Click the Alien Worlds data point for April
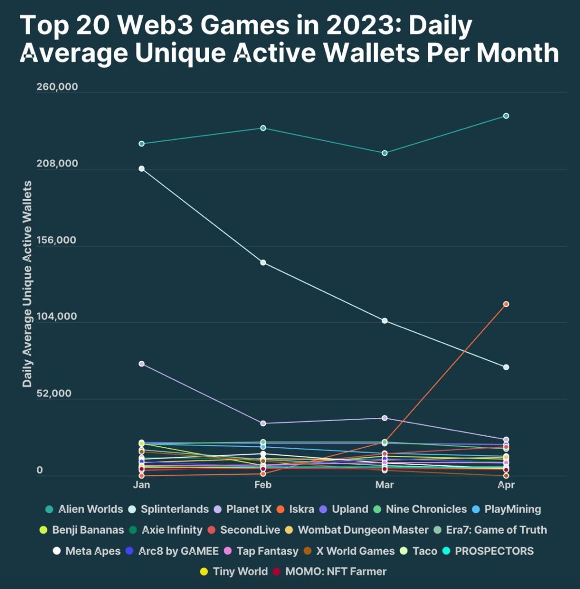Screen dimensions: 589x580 (x=506, y=116)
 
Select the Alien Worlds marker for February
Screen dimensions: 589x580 (x=263, y=128)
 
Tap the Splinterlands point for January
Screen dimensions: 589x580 (x=142, y=169)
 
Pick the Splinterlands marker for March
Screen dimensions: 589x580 (x=385, y=321)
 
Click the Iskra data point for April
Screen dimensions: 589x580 (x=506, y=304)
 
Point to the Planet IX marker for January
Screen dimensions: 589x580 (x=142, y=364)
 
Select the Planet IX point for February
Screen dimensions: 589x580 (x=263, y=424)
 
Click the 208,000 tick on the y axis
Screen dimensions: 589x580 (x=57, y=163)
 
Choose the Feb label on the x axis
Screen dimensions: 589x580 (x=263, y=485)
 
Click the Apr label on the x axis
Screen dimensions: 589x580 (x=506, y=485)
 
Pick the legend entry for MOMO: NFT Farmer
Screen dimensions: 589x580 (x=335, y=572)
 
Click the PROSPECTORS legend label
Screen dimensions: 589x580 (x=494, y=551)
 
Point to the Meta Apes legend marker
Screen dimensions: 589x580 (x=57, y=551)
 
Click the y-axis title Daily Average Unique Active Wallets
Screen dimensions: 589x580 (x=27, y=284)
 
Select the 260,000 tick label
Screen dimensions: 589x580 (x=57, y=87)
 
